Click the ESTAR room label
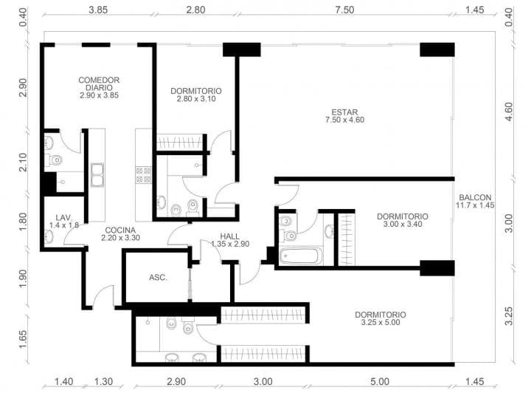344,112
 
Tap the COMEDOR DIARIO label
99,83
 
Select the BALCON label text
475,197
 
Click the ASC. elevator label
158,277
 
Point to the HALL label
229,236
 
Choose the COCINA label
120,230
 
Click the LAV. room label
63,218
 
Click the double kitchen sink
97,174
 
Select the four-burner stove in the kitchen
144,175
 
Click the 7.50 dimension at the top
344,10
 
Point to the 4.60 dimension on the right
509,112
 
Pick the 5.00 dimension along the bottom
380,382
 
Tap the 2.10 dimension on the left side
23,163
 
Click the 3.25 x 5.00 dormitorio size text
381,323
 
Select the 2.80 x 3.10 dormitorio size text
196,99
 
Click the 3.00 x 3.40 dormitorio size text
403,224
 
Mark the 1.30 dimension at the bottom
103,382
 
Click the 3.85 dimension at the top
98,10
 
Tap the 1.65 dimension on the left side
23,339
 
